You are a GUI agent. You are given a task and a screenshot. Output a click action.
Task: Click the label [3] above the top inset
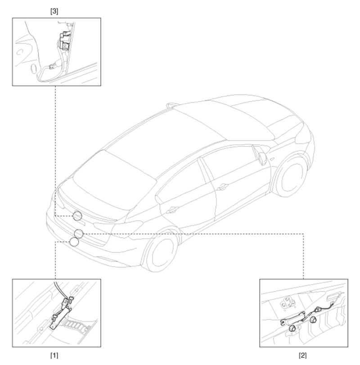pyautogui.click(x=54, y=9)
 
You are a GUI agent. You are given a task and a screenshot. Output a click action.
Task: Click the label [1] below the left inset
pyautogui.click(x=54, y=355)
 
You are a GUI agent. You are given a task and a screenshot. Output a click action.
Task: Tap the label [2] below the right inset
pyautogui.click(x=303, y=355)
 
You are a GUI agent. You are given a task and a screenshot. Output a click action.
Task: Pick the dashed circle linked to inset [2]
pyautogui.click(x=79, y=233)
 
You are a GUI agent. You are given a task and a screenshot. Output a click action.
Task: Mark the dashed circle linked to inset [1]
pyautogui.click(x=74, y=242)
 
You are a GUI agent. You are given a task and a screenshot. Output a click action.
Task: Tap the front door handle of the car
pyautogui.click(x=221, y=186)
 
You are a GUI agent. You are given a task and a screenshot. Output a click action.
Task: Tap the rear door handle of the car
pyautogui.click(x=171, y=209)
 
